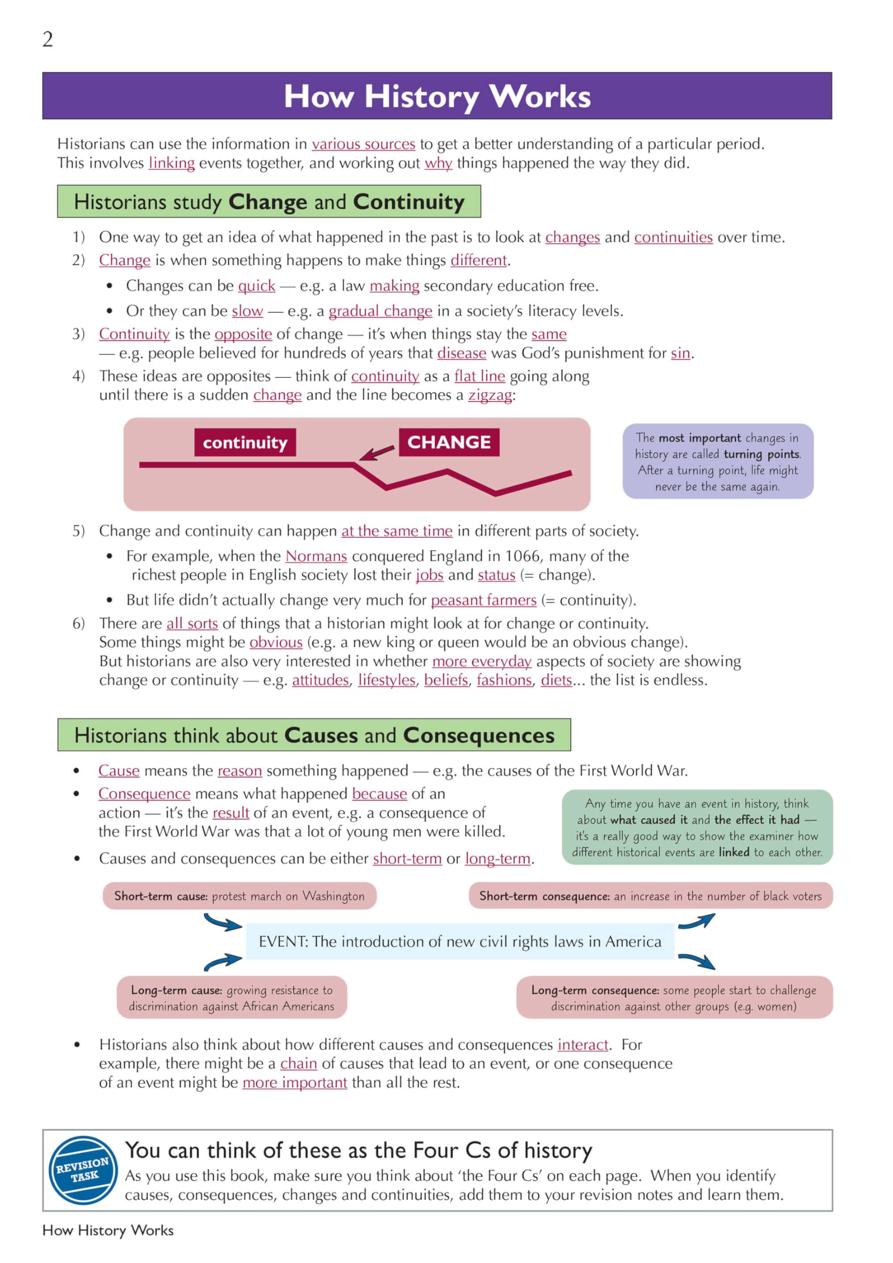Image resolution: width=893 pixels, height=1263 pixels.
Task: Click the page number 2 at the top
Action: point(48,39)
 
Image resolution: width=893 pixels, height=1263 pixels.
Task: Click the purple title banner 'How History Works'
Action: point(437,96)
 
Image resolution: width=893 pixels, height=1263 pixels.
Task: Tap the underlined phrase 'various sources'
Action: point(363,144)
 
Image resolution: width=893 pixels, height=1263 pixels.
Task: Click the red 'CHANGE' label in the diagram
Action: point(449,442)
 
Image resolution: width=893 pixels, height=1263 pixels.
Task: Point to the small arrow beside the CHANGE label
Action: point(377,453)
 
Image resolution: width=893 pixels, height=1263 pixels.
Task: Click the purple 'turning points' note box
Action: point(717,461)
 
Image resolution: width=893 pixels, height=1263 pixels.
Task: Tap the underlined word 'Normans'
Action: point(316,556)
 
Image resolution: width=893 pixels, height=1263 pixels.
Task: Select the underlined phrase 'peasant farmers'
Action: point(483,600)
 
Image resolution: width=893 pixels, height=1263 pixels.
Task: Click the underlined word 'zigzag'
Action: point(490,395)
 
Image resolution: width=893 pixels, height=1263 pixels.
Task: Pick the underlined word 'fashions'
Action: point(504,680)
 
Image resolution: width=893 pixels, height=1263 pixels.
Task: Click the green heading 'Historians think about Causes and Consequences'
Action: point(314,736)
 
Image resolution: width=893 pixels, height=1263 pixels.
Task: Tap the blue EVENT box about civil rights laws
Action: point(460,942)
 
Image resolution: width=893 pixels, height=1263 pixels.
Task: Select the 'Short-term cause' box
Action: point(239,896)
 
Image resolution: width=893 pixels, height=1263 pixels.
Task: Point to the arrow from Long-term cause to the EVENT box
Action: point(223,962)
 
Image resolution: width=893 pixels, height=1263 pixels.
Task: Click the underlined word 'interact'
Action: point(583,1045)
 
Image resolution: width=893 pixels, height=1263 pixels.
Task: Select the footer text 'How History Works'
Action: point(108,1230)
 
